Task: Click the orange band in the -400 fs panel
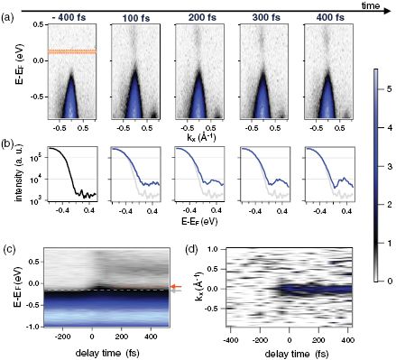coord(69,52)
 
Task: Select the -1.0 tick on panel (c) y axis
coord(32,326)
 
